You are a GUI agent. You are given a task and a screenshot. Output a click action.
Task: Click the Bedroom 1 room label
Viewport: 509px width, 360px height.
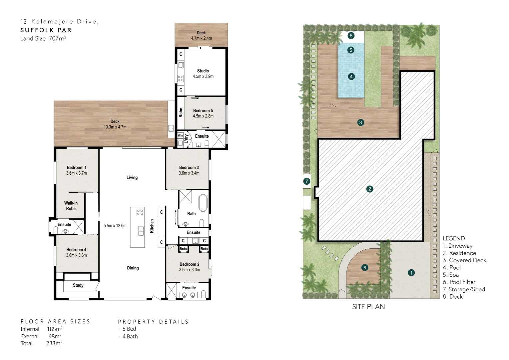click(76, 167)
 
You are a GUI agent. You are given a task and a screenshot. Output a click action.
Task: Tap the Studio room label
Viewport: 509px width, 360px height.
click(203, 71)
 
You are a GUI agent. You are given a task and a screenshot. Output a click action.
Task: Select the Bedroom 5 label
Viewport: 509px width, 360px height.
click(203, 110)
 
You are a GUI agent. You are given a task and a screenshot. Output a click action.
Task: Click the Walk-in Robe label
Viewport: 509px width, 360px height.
click(71, 206)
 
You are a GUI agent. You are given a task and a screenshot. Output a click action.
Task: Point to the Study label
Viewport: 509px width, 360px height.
click(78, 285)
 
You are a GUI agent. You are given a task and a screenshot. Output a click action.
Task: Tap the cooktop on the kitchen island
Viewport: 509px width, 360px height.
click(140, 212)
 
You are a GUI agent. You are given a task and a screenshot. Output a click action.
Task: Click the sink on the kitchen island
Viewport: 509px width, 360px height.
click(141, 230)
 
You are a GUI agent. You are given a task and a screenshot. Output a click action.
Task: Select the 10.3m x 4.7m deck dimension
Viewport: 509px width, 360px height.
click(115, 127)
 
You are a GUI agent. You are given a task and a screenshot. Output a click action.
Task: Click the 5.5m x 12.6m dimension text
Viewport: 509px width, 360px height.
click(115, 226)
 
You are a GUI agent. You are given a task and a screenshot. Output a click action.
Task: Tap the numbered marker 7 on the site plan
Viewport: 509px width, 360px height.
click(306, 181)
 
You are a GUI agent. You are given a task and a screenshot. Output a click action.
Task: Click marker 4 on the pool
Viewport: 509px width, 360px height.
click(351, 77)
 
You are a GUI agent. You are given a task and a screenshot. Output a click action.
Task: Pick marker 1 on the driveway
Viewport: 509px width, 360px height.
click(411, 273)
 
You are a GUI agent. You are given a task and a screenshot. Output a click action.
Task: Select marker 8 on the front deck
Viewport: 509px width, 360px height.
click(365, 267)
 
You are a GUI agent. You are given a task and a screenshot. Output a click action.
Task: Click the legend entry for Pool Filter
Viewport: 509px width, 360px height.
click(459, 282)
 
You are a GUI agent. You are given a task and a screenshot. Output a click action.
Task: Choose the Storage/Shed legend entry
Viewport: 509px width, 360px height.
click(464, 289)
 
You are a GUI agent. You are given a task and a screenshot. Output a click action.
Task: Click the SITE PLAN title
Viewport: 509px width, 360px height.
click(368, 307)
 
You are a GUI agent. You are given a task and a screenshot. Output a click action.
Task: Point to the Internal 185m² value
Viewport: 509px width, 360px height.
click(54, 329)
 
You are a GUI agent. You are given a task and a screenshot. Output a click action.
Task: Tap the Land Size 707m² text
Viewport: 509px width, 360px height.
click(43, 38)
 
